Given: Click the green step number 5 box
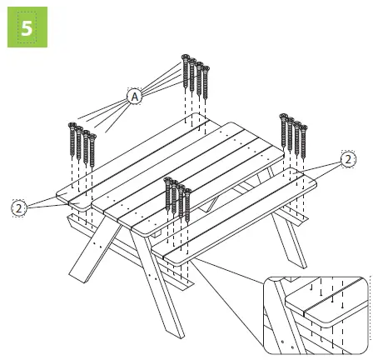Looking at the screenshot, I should tap(25, 27).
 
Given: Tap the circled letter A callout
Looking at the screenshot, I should tap(133, 97).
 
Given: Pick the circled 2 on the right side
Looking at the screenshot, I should tap(347, 159).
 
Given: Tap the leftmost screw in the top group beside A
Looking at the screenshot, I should tap(185, 72).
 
